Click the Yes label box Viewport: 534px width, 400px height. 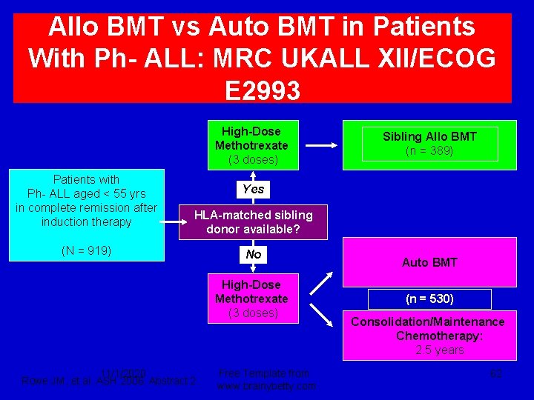click(253, 189)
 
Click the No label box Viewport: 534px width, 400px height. click(253, 254)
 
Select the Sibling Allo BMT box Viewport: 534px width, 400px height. click(429, 144)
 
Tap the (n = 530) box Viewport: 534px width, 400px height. click(429, 299)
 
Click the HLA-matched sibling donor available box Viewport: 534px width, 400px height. click(253, 222)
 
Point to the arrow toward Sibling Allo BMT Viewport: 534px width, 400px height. click(321, 145)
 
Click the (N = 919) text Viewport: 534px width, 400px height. click(86, 250)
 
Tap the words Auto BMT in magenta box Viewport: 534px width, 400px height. click(429, 262)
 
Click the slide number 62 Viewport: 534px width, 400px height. click(495, 373)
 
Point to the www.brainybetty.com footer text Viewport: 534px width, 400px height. click(268, 386)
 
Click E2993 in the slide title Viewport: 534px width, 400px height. click(263, 90)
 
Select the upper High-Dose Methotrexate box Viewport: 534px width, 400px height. click(251, 145)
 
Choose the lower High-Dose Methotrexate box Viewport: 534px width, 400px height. click(251, 299)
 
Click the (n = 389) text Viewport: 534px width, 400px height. click(429, 151)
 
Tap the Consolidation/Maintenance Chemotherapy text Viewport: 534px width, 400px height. click(428, 329)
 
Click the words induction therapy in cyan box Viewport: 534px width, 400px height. click(86, 221)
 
